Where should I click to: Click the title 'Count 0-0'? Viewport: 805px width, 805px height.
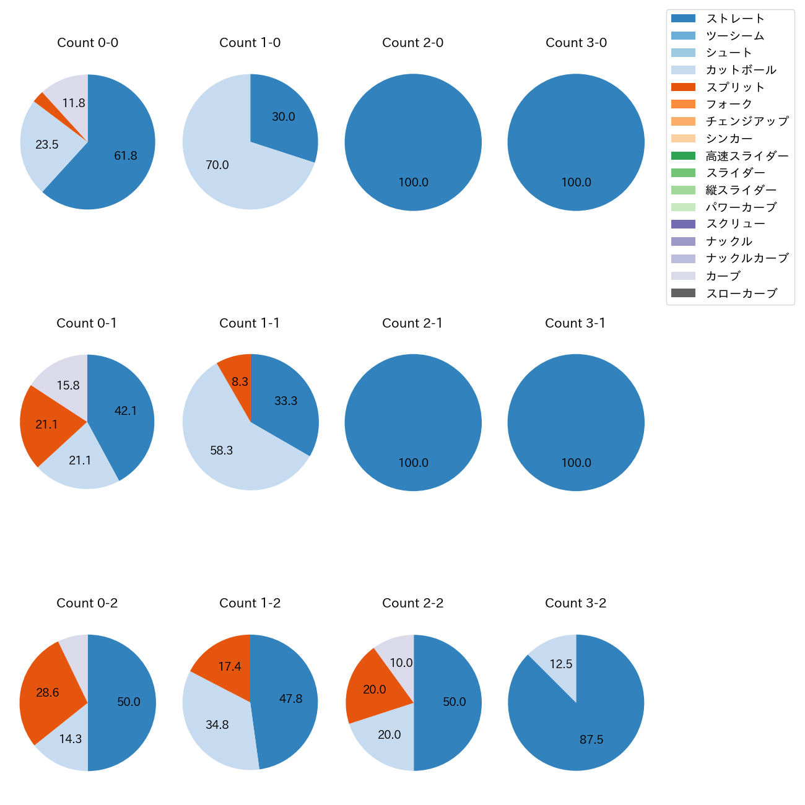point(87,43)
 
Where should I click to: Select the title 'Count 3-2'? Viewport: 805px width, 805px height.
point(575,603)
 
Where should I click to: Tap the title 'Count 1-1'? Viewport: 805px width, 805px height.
point(250,323)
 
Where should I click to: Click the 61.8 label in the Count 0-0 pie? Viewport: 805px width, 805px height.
point(125,156)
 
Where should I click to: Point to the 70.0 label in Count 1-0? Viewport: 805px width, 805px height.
point(217,165)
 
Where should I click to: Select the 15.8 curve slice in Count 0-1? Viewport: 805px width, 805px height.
point(67,384)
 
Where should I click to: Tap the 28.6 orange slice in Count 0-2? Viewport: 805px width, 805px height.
point(47,692)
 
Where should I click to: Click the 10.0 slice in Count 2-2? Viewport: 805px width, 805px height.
point(399,661)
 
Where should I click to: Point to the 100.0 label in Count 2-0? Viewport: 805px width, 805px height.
point(413,183)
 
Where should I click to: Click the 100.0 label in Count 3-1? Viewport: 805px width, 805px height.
point(576,463)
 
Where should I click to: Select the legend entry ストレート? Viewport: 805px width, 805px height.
point(735,19)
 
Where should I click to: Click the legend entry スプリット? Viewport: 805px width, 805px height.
point(735,87)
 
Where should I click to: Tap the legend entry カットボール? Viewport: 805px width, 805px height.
point(741,70)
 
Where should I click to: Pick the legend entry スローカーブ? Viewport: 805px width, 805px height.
point(741,294)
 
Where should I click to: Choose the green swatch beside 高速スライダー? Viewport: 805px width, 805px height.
point(683,156)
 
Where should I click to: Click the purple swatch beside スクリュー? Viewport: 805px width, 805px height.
point(683,224)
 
